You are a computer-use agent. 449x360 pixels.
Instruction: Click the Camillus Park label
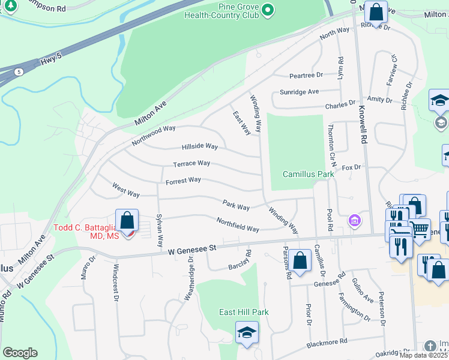(x=309, y=174)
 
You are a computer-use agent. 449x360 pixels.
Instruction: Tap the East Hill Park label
(x=244, y=312)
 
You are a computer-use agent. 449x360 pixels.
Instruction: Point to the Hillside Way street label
(x=200, y=146)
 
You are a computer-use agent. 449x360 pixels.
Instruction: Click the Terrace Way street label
(x=191, y=163)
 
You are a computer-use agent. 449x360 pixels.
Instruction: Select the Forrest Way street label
(x=183, y=180)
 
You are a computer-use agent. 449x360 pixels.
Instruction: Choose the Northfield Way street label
(x=238, y=224)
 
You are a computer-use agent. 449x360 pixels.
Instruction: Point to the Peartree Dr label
(x=306, y=76)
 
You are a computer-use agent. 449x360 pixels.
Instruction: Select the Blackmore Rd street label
(x=327, y=342)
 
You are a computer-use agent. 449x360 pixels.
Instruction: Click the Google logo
(x=20, y=353)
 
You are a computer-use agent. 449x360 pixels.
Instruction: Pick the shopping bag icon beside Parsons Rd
(x=300, y=260)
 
